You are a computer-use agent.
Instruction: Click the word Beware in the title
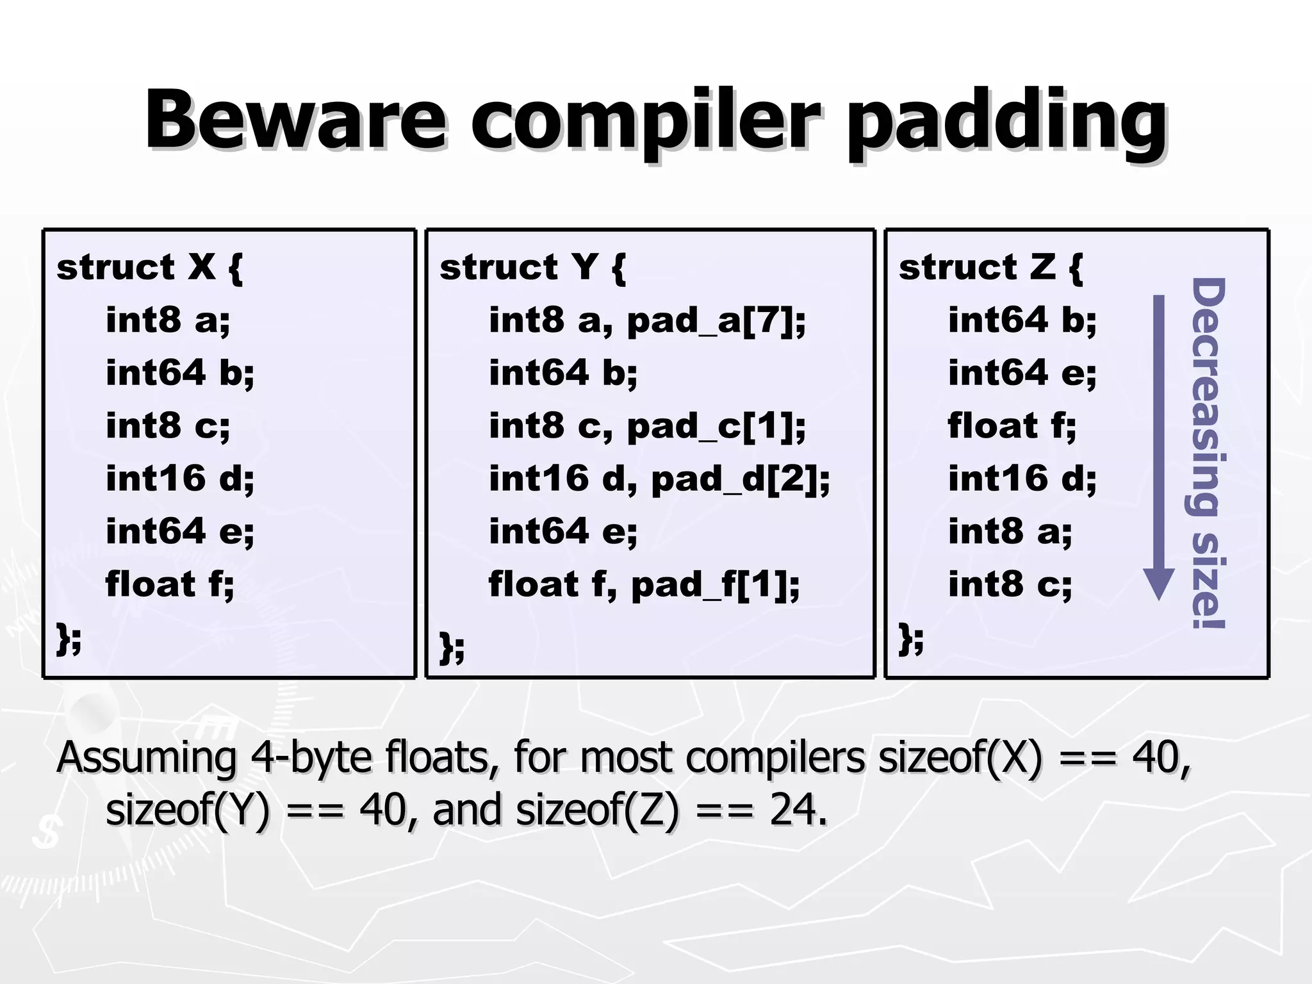[x=295, y=120]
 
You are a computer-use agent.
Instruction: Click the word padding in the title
[x=1006, y=122]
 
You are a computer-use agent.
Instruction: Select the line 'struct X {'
[x=149, y=267]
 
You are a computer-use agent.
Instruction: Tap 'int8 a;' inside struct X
[x=168, y=320]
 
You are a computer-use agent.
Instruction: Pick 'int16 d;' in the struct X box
[x=180, y=479]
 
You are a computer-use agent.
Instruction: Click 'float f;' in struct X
[x=170, y=584]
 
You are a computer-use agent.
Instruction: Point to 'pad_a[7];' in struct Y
[x=716, y=320]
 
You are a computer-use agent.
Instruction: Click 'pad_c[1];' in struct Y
[x=716, y=426]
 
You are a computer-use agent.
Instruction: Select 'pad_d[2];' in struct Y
[x=741, y=479]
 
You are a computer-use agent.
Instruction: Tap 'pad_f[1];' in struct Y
[x=716, y=585]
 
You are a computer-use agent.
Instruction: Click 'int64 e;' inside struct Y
[x=563, y=532]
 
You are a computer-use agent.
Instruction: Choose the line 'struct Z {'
[x=990, y=267]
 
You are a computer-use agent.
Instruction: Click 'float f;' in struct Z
[x=1012, y=426]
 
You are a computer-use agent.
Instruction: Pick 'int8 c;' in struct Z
[x=1010, y=585]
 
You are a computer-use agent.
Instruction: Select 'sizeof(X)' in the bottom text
[x=960, y=758]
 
